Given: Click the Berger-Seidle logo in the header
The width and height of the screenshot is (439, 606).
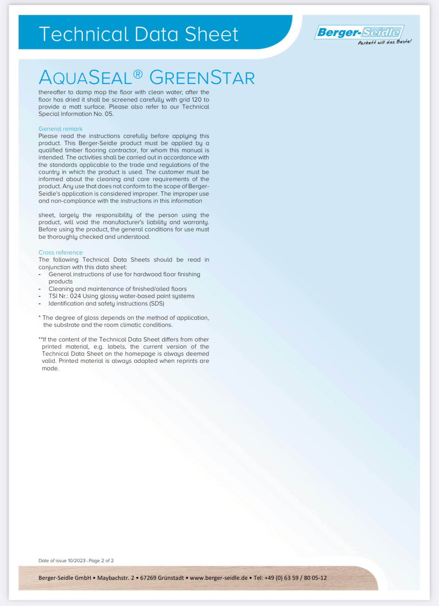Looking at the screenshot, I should point(359,32).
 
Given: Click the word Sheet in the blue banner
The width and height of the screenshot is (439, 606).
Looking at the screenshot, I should point(211,34).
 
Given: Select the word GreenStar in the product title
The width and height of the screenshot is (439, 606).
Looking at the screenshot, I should point(202,78).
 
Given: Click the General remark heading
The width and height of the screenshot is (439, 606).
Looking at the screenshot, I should point(60,129).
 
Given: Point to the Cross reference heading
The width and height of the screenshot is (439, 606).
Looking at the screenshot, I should point(60,253).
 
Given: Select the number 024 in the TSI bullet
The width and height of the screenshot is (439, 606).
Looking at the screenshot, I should point(75,296).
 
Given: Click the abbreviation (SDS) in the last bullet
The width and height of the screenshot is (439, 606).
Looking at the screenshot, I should point(156,304).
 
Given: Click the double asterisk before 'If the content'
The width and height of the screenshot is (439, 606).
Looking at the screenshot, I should point(40,339).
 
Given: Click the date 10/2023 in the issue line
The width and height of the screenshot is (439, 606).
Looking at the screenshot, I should point(77,561).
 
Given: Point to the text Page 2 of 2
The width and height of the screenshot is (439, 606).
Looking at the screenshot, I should point(101,561).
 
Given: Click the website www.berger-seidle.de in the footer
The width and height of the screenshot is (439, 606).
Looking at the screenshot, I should point(219,578).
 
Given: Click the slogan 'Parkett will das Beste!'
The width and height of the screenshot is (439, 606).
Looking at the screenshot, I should point(385,42).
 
